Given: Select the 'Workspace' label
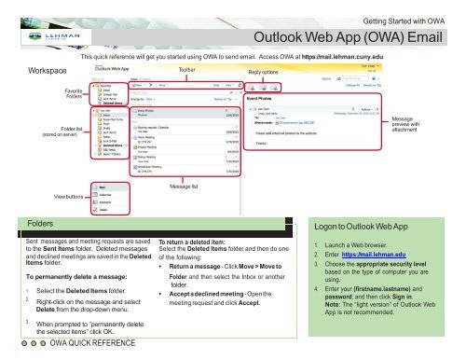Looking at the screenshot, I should [48, 72].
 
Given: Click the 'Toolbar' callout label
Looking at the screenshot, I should [187, 71].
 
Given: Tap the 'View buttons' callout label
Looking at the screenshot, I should [73, 196].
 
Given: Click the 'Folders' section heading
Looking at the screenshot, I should [41, 225].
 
